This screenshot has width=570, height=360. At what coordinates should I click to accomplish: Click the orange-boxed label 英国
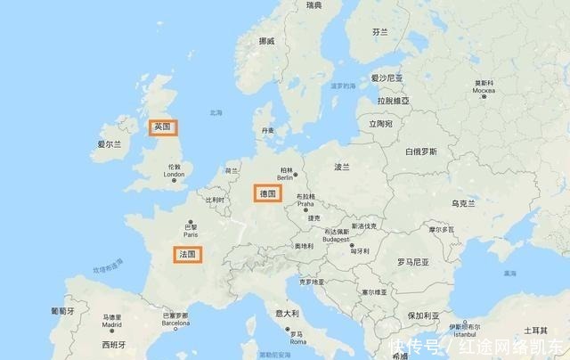click(162, 127)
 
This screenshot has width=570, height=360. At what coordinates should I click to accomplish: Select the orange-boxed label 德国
click(267, 193)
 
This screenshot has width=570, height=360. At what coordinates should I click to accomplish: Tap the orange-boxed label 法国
click(187, 255)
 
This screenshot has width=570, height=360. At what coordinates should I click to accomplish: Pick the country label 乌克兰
click(464, 204)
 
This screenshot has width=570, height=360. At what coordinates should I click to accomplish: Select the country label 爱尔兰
click(108, 143)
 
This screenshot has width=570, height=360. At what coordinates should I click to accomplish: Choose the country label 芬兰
click(380, 32)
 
